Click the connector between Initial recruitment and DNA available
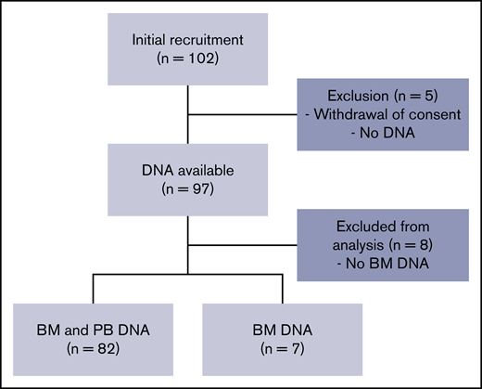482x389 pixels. [188, 111]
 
